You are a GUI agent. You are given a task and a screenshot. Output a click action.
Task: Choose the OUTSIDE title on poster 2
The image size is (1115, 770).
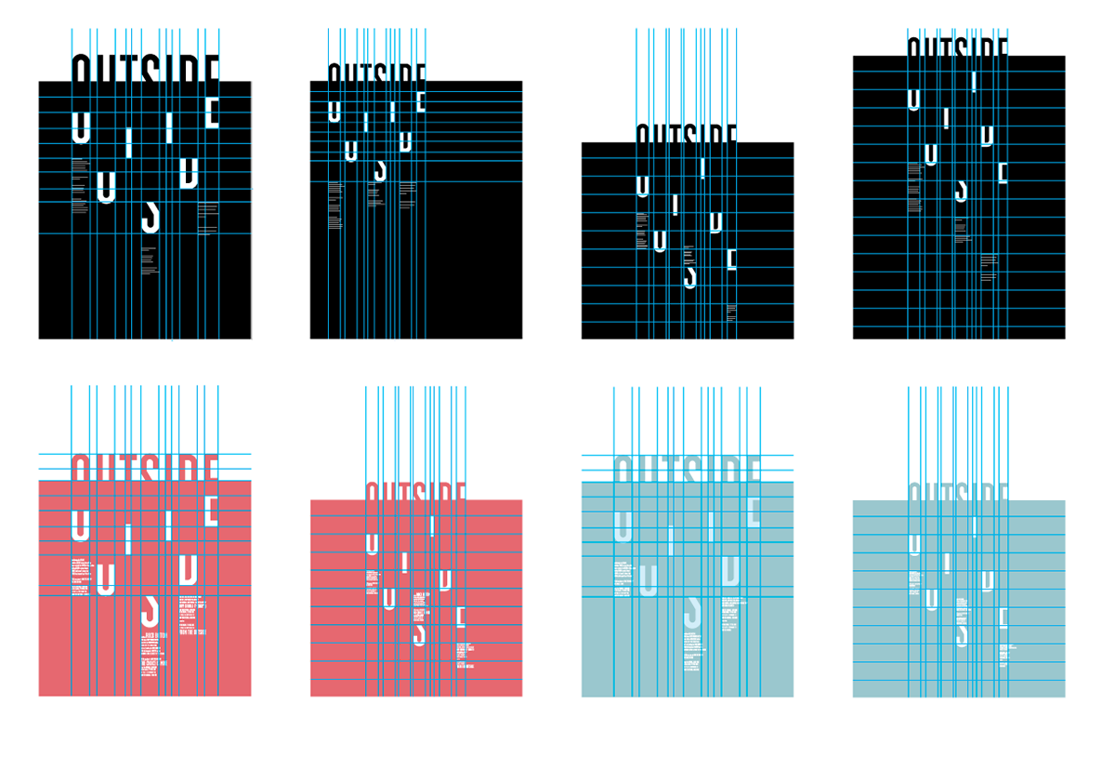click(376, 73)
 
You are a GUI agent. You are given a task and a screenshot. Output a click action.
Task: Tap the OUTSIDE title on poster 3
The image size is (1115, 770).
click(687, 133)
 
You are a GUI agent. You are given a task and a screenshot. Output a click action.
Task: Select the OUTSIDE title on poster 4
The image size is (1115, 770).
click(958, 46)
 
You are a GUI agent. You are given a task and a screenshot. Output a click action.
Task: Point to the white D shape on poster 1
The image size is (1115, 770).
click(189, 171)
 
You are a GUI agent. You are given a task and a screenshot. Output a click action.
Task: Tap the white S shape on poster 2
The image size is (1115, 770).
click(379, 170)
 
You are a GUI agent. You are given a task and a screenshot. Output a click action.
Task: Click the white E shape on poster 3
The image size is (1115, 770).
click(731, 259)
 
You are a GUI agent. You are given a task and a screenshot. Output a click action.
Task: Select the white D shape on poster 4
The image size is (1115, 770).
click(987, 136)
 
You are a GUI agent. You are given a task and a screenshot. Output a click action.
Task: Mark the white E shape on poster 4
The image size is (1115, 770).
click(1003, 173)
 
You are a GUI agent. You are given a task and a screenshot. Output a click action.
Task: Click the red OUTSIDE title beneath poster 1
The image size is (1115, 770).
click(145, 467)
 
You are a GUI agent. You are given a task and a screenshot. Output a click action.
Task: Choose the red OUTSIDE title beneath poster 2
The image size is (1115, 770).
click(415, 491)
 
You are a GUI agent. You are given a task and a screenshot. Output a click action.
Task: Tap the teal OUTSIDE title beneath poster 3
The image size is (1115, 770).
click(687, 468)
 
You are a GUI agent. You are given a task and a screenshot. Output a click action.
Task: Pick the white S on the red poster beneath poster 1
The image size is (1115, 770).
click(149, 611)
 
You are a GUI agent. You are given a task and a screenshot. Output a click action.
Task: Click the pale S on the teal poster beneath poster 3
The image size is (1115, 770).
click(691, 611)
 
